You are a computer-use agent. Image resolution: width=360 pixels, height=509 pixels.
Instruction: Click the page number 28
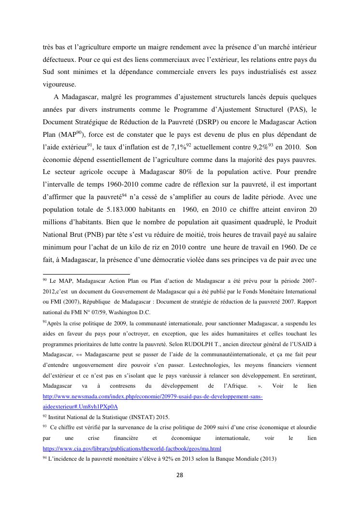pos(180,475)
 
